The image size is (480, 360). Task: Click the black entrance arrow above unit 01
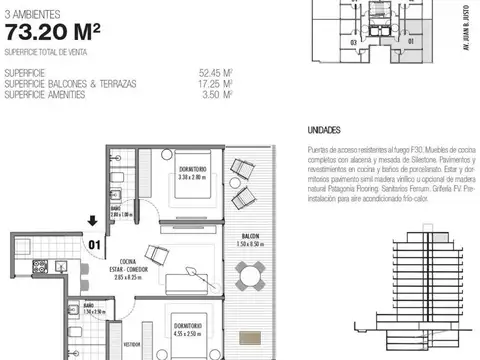(93, 221)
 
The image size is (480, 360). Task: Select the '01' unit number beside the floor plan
(95, 241)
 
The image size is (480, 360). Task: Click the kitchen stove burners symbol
(41, 267)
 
